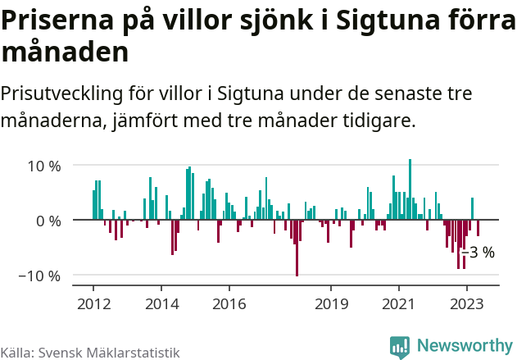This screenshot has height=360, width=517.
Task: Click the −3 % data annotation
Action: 479,252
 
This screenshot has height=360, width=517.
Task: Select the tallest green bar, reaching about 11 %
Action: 410,189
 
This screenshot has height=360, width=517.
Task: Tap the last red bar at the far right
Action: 478,228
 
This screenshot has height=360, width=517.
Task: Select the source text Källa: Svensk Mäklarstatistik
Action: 90,353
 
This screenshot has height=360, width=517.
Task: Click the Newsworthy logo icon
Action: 400,347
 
